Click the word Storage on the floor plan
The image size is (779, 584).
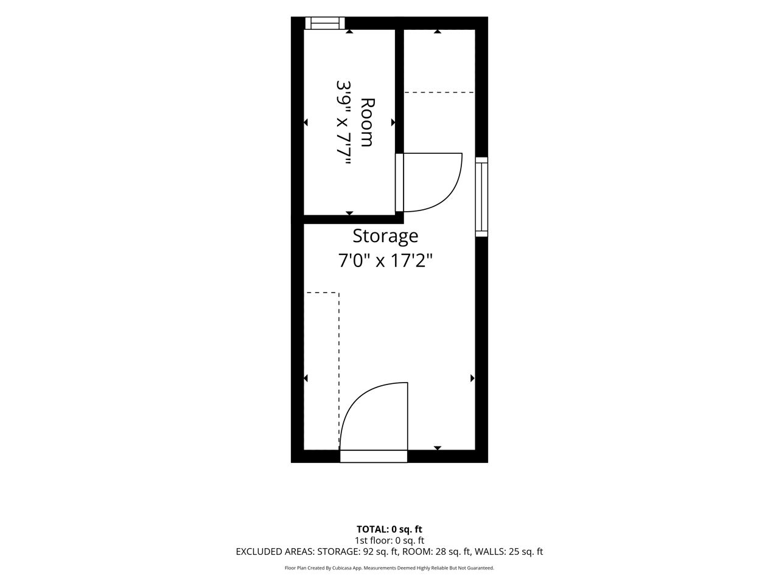coord(385,237)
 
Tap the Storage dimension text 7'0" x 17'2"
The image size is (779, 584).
coord(385,261)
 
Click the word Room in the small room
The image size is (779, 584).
coord(368,122)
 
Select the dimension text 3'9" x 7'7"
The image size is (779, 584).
coord(343,123)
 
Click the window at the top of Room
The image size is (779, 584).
coord(325,23)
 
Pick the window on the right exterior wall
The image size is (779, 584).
coord(481,196)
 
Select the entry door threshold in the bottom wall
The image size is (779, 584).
coord(373,456)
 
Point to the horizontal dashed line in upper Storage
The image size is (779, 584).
coord(439,92)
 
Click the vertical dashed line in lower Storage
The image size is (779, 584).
coord(338,371)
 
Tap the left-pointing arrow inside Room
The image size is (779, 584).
coord(306,122)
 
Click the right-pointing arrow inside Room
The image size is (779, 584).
coord(393,122)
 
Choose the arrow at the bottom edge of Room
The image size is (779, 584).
coord(349,213)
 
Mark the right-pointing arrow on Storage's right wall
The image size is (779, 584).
coord(473,378)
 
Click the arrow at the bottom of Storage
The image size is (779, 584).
coord(438,448)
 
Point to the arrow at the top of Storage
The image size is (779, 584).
coord(438,32)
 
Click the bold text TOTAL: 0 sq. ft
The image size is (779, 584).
coord(389,529)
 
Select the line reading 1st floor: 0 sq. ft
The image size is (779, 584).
coord(389,541)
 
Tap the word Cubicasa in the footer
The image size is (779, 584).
coord(340,568)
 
